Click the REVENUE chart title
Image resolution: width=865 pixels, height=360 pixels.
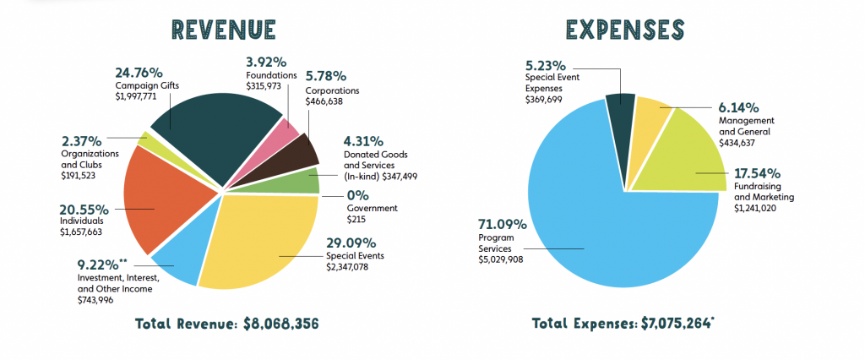(x=222, y=30)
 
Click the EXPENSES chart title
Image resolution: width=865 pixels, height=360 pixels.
(x=624, y=30)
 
